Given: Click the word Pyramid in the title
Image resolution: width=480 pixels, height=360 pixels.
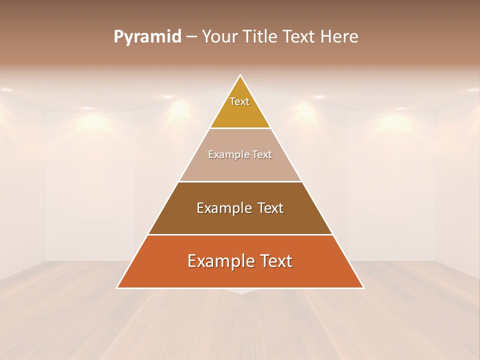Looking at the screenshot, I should [147, 37].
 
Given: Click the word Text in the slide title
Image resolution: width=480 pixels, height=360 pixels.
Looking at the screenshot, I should [300, 37].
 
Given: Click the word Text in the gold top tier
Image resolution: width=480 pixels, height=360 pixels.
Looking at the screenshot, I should [239, 101].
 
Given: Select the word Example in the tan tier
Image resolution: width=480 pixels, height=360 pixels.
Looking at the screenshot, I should [226, 155].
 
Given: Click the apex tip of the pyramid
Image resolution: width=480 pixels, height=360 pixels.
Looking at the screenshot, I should [240, 75].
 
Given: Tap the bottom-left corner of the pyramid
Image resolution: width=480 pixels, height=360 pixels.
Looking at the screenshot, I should [117, 287].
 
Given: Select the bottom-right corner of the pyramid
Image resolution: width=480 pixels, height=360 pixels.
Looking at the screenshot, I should [363, 287].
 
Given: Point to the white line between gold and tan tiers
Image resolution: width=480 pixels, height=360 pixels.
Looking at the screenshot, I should [240, 128].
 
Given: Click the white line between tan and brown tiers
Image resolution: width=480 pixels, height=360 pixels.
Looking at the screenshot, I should [240, 181].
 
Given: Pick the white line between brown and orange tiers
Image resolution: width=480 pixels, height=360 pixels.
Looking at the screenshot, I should [240, 234].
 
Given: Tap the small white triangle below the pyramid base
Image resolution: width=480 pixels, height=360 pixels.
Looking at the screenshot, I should [241, 291].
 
